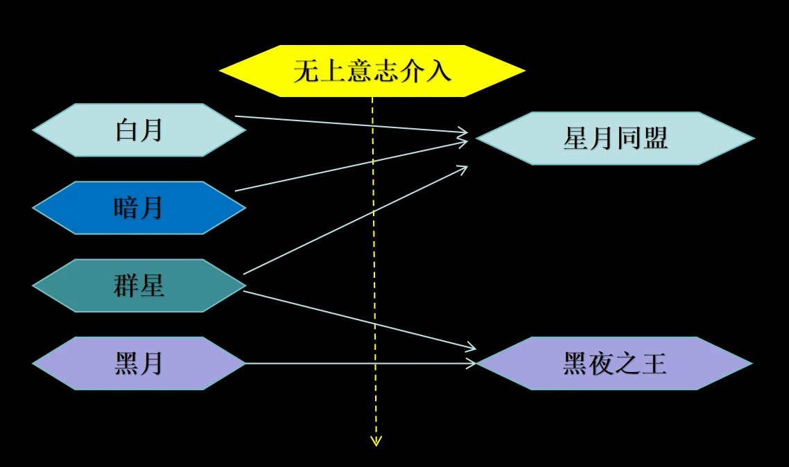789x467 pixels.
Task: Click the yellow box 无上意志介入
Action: pos(372,71)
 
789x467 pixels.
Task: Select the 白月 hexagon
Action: pos(139,130)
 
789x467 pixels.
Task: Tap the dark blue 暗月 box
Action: pos(139,208)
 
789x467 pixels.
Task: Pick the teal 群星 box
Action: pos(139,285)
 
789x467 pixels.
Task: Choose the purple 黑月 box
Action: pos(139,363)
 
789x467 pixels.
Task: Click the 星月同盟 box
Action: pos(615,139)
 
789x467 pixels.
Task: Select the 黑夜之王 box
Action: pos(615,363)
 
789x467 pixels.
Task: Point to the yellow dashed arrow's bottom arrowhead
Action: pos(376,441)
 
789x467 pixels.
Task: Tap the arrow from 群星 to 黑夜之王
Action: pos(312,308)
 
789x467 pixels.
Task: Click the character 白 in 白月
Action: pos(127,130)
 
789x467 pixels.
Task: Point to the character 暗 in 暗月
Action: pos(126,208)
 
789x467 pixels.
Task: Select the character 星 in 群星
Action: pos(152,285)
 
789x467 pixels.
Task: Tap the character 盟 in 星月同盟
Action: pos(654,139)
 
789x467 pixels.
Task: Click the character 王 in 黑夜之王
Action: pos(654,363)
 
